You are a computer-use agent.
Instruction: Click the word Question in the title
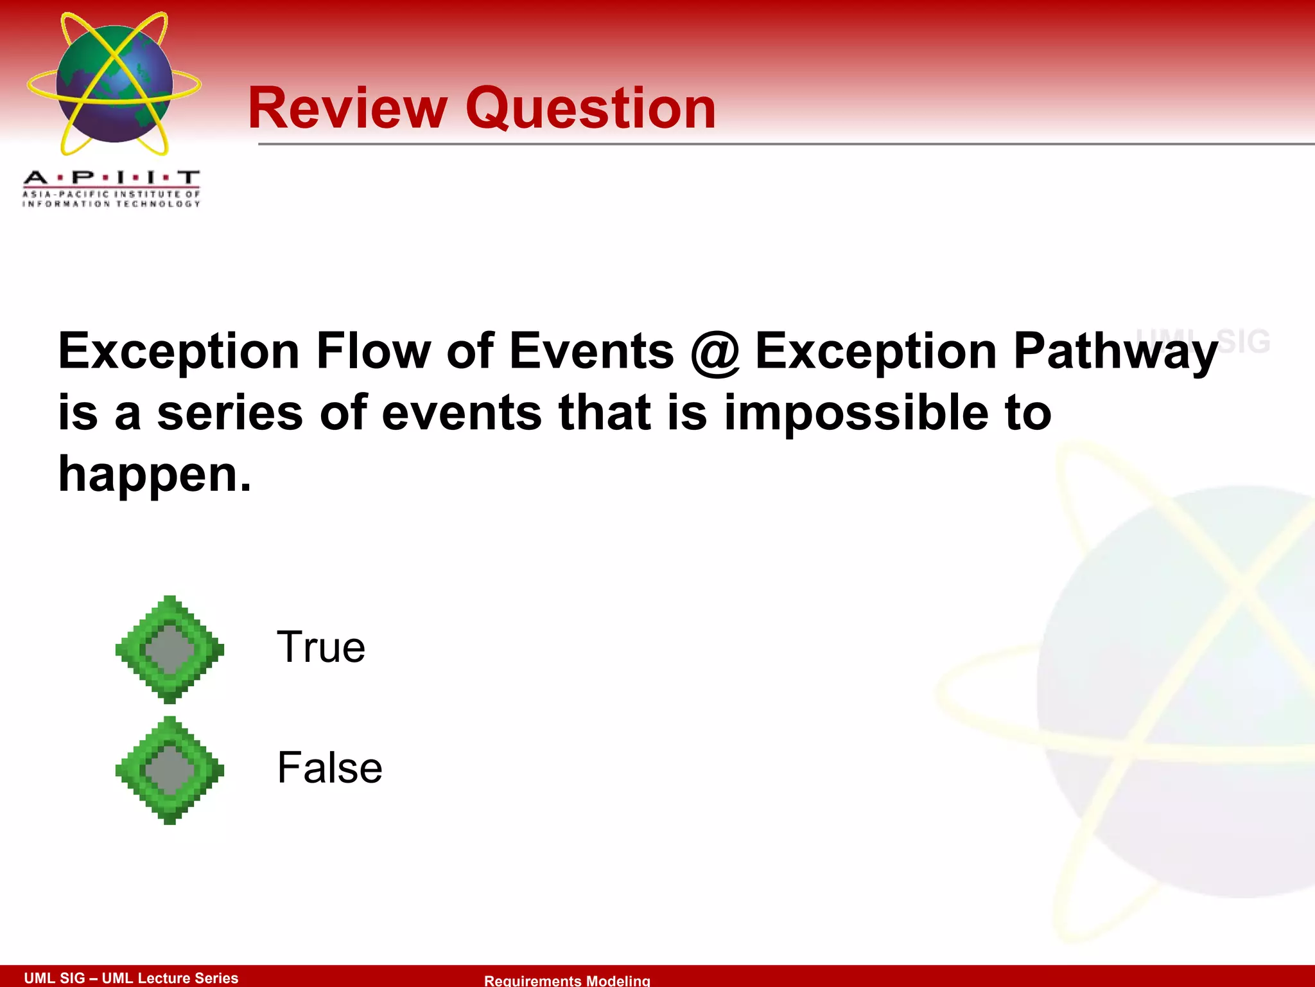pyautogui.click(x=590, y=109)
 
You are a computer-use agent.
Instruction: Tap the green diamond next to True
pyautogui.click(x=170, y=649)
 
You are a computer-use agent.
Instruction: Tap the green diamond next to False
pyautogui.click(x=170, y=770)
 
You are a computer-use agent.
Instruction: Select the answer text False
pyautogui.click(x=329, y=767)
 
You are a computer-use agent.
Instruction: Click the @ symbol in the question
pyautogui.click(x=714, y=352)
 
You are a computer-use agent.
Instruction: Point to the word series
pyautogui.click(x=230, y=414)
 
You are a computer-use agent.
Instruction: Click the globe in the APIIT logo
pyautogui.click(x=114, y=84)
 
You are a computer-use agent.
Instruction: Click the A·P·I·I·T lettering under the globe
pyautogui.click(x=111, y=177)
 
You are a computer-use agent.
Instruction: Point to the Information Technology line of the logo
pyautogui.click(x=111, y=204)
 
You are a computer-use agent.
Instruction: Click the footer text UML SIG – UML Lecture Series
pyautogui.click(x=131, y=977)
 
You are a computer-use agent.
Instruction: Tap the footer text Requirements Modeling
pyautogui.click(x=567, y=980)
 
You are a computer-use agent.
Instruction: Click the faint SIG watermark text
pyautogui.click(x=1243, y=341)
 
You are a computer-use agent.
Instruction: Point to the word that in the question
pyautogui.click(x=604, y=413)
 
